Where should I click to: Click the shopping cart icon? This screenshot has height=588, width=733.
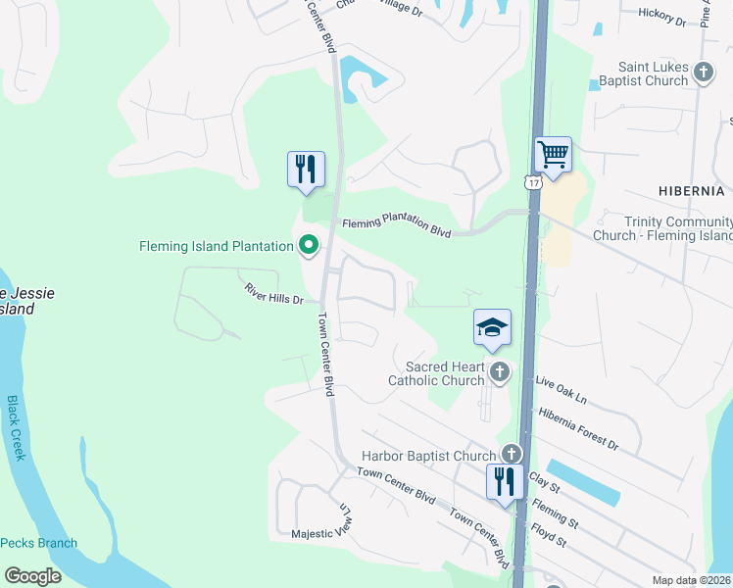[x=554, y=155]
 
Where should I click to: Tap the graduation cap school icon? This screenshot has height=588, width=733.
[x=492, y=328]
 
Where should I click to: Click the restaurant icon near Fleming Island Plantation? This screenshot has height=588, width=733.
[x=306, y=169]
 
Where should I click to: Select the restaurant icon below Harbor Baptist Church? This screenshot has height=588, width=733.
[x=504, y=482]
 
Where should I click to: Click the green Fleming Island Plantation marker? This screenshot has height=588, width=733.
[x=310, y=244]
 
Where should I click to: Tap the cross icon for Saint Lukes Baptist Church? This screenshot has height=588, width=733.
[x=703, y=72]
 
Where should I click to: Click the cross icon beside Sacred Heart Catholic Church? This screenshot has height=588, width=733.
[x=500, y=371]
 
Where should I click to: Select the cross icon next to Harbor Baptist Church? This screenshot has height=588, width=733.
[x=511, y=454]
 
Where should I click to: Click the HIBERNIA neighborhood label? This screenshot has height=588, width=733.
[x=691, y=190]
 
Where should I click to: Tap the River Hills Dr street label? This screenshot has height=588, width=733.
[x=274, y=292]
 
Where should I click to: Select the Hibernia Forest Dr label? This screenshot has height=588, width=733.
[x=578, y=428]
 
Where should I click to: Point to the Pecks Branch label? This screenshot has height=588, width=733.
[x=38, y=543]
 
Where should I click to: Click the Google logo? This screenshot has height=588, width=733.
[x=32, y=575]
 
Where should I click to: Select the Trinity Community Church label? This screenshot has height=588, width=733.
[x=663, y=229]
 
